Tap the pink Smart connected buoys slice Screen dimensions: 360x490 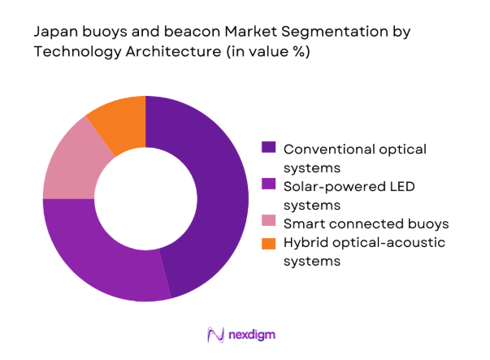pyautogui.click(x=70, y=163)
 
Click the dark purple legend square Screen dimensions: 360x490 pyautogui.click(x=267, y=147)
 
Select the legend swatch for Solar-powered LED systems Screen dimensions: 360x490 pyautogui.click(x=267, y=185)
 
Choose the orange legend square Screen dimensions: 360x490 pyautogui.click(x=267, y=243)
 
